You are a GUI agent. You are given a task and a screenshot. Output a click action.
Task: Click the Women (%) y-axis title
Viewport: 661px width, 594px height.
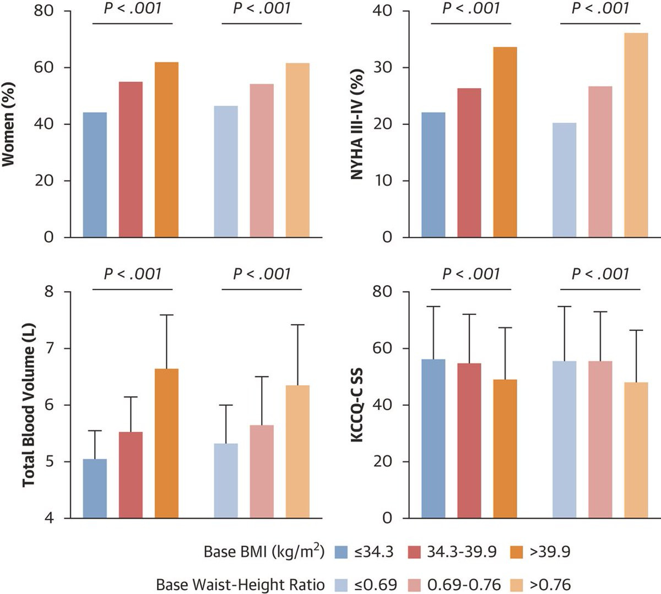9,124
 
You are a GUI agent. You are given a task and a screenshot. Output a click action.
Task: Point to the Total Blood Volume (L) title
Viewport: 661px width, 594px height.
29,405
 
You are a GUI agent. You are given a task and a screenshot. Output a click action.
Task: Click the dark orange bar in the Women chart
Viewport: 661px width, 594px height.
166,150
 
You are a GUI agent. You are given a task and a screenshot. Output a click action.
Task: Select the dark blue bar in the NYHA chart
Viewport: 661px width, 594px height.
434,175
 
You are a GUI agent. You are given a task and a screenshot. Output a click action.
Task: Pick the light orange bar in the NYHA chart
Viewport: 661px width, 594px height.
636,135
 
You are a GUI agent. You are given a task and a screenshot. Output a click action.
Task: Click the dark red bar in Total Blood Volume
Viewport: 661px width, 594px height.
131,475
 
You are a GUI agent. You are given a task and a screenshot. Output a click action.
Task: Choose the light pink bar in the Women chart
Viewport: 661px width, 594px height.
262,160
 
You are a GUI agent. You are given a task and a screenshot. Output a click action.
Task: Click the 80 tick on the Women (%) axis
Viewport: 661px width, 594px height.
45,11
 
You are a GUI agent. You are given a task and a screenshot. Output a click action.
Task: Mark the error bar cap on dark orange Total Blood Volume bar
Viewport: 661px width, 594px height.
166,315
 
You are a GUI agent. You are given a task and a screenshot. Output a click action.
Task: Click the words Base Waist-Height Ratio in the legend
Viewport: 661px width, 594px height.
240,585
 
